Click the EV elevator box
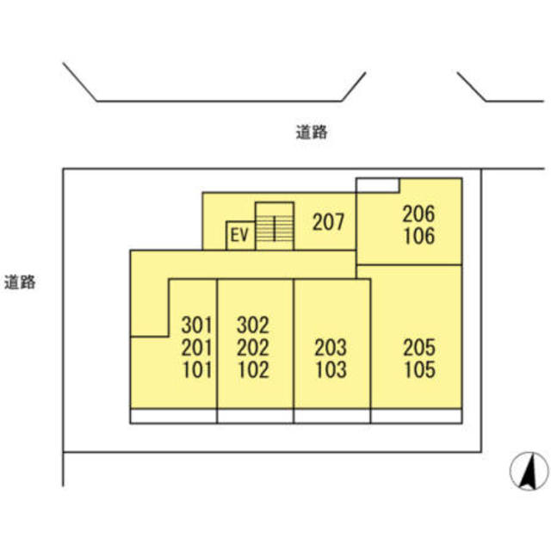pyautogui.click(x=240, y=235)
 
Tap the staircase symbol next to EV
pyautogui.click(x=275, y=226)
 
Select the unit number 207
pyautogui.click(x=328, y=222)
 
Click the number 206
pyautogui.click(x=418, y=214)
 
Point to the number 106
pyautogui.click(x=419, y=236)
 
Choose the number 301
pyautogui.click(x=197, y=325)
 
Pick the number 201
pyautogui.click(x=197, y=348)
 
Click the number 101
pyautogui.click(x=197, y=370)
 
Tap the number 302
pyautogui.click(x=253, y=325)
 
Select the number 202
pyautogui.click(x=253, y=348)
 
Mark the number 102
pyautogui.click(x=254, y=370)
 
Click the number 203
pyautogui.click(x=331, y=348)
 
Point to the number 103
pyautogui.click(x=331, y=370)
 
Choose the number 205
pyautogui.click(x=419, y=348)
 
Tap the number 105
pyautogui.click(x=420, y=370)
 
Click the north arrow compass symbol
pyautogui.click(x=529, y=471)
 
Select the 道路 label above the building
pyautogui.click(x=312, y=133)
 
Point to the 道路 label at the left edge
pyautogui.click(x=20, y=282)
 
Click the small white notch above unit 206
pyautogui.click(x=378, y=186)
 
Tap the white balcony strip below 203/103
pyautogui.click(x=331, y=416)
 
